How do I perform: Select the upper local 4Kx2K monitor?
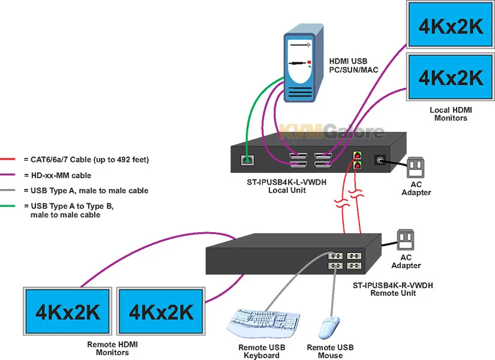pyautogui.click(x=450, y=24)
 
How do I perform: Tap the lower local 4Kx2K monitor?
pyautogui.click(x=450, y=77)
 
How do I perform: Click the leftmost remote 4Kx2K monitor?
pyautogui.click(x=67, y=312)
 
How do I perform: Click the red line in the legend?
pyautogui.click(x=9, y=160)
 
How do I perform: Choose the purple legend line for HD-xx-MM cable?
pyautogui.click(x=9, y=175)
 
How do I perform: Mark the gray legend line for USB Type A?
pyautogui.click(x=9, y=191)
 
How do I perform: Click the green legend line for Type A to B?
pyautogui.click(x=9, y=206)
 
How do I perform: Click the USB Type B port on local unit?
pyautogui.click(x=245, y=160)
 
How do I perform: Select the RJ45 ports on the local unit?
pyautogui.click(x=358, y=159)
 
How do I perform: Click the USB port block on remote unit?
pyautogui.click(x=344, y=260)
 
